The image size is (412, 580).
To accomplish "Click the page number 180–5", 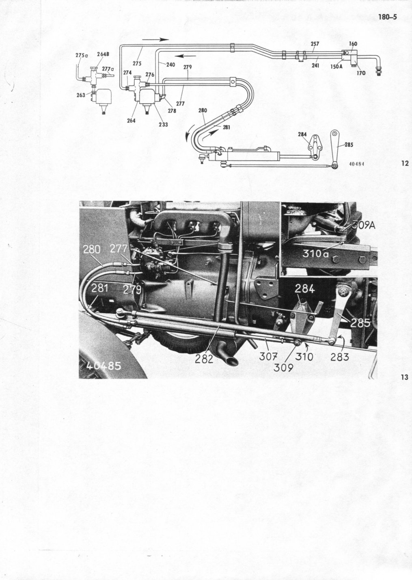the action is (387, 17).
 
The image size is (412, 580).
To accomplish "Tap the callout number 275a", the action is (82, 55).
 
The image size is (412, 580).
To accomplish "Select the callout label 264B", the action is (103, 54).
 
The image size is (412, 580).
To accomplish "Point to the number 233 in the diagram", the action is (163, 125).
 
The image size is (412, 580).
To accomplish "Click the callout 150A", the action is (336, 66).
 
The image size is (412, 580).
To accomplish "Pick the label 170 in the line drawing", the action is (361, 73).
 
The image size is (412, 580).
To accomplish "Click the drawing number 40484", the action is (356, 164).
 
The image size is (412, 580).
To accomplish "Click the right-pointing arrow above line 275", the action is (155, 40).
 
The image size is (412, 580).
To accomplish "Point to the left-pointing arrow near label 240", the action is (185, 55).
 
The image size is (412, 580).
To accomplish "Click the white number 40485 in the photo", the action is (104, 366).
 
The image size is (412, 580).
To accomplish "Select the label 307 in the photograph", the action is (268, 357).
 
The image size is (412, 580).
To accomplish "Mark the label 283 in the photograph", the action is (340, 357).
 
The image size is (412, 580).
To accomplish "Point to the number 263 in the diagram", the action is (81, 95).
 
